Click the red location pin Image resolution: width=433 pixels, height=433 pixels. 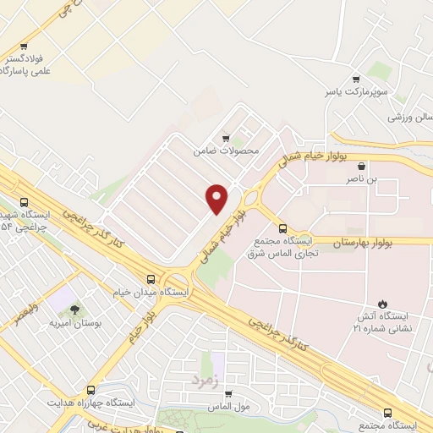216,198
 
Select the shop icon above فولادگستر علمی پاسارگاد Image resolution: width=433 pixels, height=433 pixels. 24,47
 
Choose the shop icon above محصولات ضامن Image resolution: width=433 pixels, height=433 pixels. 225,138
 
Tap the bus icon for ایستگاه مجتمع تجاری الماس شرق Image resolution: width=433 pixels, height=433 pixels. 282,227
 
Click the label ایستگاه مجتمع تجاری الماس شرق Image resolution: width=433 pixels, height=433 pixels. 284,248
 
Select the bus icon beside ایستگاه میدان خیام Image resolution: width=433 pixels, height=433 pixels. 151,279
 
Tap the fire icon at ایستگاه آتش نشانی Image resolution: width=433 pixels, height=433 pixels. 381,303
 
